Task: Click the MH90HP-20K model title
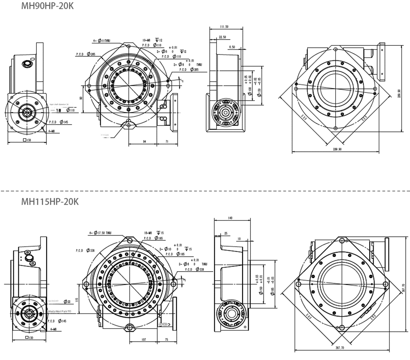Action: pyautogui.click(x=47, y=6)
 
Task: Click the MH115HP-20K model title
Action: pyautogui.click(x=50, y=202)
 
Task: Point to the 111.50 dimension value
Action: pyautogui.click(x=224, y=27)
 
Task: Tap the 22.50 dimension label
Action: pyautogui.click(x=222, y=37)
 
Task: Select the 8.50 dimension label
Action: pyautogui.click(x=232, y=47)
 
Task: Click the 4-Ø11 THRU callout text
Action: pyautogui.click(x=102, y=40)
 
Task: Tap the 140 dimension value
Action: pyautogui.click(x=230, y=218)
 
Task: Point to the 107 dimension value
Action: pyautogui.click(x=144, y=340)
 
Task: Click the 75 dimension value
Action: pyautogui.click(x=166, y=340)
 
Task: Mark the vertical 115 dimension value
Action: pyautogui.click(x=77, y=299)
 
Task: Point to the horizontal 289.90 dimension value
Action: pyautogui.click(x=337, y=149)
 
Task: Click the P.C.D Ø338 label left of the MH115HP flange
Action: pyautogui.click(x=85, y=250)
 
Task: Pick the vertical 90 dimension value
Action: pyautogui.click(x=81, y=98)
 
